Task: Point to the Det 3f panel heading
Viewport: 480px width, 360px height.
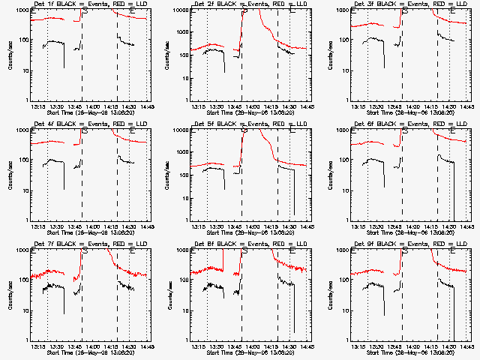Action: (x=409, y=5)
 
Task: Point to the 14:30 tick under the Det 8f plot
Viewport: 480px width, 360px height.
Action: (x=289, y=346)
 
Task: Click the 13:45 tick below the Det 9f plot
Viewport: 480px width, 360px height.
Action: (x=394, y=346)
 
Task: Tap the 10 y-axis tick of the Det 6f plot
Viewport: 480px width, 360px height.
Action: (x=344, y=190)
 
